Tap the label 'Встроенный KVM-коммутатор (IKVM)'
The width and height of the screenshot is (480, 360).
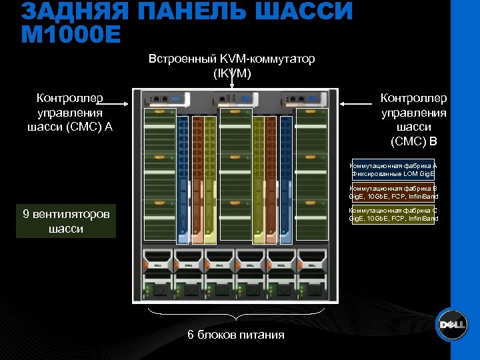pyautogui.click(x=231, y=66)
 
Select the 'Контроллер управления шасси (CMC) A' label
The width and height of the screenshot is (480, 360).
pyautogui.click(x=70, y=113)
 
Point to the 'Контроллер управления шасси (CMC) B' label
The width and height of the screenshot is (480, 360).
pyautogui.click(x=413, y=119)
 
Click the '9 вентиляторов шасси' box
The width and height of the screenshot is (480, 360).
pyautogui.click(x=66, y=221)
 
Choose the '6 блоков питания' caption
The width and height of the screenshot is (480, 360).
pyautogui.click(x=235, y=335)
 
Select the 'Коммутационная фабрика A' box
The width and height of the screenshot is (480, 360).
pyautogui.click(x=393, y=169)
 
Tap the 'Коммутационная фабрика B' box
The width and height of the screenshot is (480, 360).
pyautogui.click(x=393, y=192)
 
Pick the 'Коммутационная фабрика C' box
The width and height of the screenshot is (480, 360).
pyautogui.click(x=393, y=213)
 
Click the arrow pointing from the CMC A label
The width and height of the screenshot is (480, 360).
pyautogui.click(x=117, y=103)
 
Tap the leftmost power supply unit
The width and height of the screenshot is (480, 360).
pyautogui.click(x=157, y=273)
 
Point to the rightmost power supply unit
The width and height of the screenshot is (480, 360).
pyautogui.click(x=312, y=273)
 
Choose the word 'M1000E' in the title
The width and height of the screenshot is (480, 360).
pyautogui.click(x=71, y=33)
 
